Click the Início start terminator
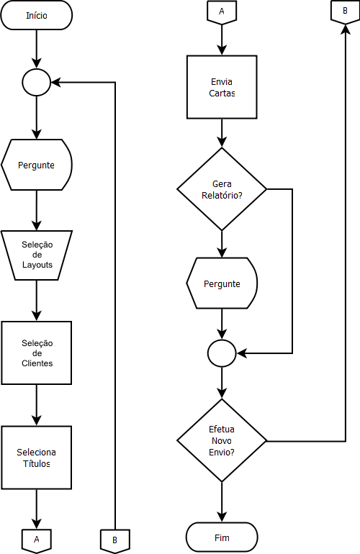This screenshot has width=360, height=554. (37, 15)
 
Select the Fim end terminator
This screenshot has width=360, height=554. (222, 537)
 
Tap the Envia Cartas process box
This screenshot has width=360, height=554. (222, 87)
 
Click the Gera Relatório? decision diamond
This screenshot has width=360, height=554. (222, 189)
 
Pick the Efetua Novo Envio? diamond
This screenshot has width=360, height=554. (222, 440)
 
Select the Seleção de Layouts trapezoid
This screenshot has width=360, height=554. (37, 255)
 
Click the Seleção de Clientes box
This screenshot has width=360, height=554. (37, 353)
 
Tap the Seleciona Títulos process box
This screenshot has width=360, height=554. (37, 458)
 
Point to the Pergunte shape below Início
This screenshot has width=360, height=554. (37, 165)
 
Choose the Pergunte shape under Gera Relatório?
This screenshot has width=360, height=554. (222, 283)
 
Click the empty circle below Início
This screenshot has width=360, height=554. (37, 82)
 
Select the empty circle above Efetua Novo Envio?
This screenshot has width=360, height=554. (222, 353)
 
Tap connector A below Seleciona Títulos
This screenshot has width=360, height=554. (37, 540)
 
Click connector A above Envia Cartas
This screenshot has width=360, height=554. (222, 13)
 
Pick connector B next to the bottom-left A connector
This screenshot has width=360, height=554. (115, 541)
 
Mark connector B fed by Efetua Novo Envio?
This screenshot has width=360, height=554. (345, 12)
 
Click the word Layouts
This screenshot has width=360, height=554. (37, 265)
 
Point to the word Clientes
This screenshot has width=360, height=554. (37, 363)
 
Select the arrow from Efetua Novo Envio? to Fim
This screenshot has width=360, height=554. (222, 502)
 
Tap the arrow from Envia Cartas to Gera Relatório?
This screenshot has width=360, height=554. (222, 133)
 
